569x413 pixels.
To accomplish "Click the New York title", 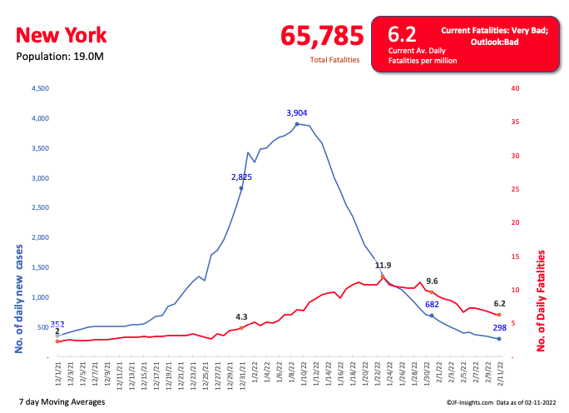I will point(62,36).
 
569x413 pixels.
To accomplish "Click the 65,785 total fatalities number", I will point(322,36).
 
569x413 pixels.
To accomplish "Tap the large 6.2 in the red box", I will point(402,34).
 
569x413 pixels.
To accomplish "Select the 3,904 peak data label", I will point(297,112).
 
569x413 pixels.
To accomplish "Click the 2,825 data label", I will point(241,177).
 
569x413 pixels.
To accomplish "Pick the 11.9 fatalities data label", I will point(383,266).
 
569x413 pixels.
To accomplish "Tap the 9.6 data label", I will point(432,281).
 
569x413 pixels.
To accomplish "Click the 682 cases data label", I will point(432,305).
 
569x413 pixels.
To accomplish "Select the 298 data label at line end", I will point(499,327).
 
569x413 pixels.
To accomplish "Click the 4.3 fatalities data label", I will point(242,316).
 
